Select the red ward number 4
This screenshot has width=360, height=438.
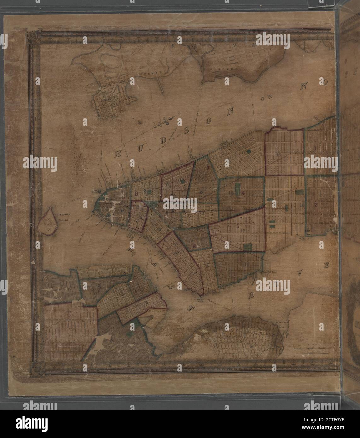point(243,193)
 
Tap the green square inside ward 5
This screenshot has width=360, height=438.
point(248,247)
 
